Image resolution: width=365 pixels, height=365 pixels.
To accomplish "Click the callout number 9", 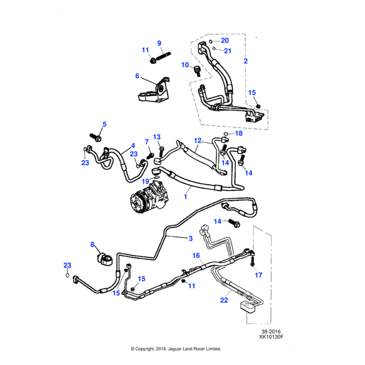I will point(159,43).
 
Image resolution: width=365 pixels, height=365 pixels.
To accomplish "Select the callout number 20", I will point(224,41).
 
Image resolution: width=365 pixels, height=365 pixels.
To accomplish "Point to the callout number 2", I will point(246,61).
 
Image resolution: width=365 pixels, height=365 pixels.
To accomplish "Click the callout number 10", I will point(185,64).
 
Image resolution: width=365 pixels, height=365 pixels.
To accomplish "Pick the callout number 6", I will point(137,76).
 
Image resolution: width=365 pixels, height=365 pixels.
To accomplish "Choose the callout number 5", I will point(104,125).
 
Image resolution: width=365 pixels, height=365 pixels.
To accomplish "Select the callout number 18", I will point(238,133).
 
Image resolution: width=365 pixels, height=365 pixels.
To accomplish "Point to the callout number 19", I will point(145,181).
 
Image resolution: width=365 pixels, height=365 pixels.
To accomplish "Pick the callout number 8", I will point(93,245).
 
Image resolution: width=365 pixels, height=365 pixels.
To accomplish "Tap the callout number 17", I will point(258,275).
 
